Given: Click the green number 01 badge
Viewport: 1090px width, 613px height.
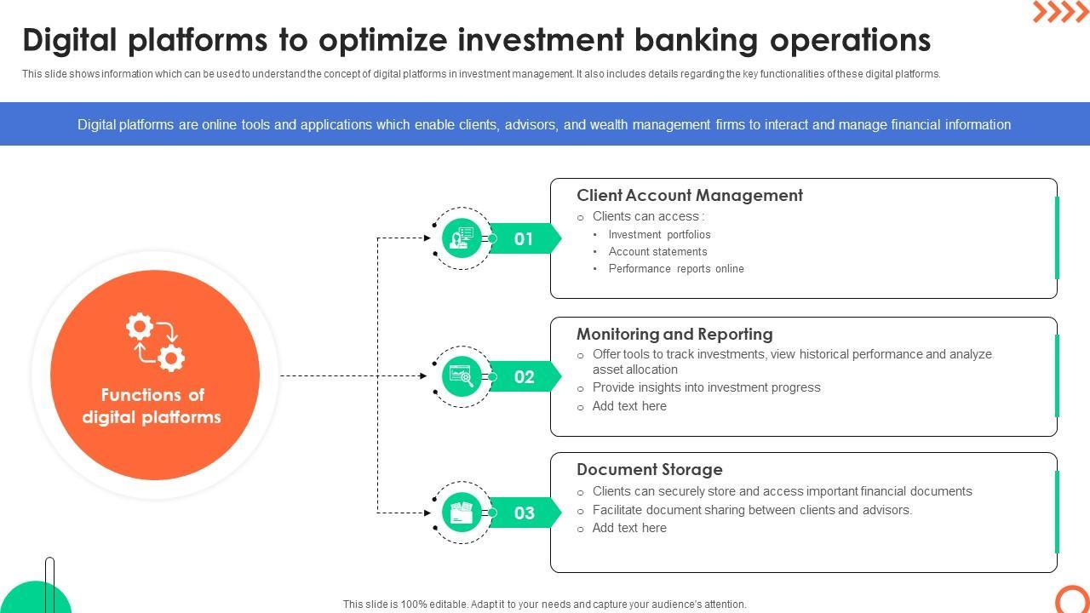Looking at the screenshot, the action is pos(524,238).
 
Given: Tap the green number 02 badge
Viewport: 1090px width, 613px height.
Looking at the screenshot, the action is pos(524,376).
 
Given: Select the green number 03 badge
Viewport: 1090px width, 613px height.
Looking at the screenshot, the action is pos(524,513).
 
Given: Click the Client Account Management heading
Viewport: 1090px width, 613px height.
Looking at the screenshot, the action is pos(690,195).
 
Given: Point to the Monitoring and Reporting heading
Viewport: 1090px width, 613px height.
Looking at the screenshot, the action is pos(674,335).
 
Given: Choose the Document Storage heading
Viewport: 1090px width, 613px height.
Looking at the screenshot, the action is pos(650,469).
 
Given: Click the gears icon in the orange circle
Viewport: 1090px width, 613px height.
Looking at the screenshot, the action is pos(155,342).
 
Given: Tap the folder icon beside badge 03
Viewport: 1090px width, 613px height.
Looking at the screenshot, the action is pos(462,513).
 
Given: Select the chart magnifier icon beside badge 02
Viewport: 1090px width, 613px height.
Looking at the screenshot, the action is pos(462,376).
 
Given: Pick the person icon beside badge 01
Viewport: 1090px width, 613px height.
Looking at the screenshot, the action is pos(462,238).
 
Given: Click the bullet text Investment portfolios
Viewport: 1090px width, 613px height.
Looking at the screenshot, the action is pos(659,234).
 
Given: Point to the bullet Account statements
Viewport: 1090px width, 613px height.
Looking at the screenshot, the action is pos(658,251).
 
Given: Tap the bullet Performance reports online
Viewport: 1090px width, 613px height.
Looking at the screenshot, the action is pos(676,268).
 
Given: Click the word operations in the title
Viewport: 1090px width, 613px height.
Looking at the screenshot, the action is pos(850,40).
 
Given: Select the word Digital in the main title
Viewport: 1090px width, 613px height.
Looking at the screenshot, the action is pos(70,40).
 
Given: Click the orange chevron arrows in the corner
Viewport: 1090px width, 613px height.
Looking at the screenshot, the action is pos(1060,12).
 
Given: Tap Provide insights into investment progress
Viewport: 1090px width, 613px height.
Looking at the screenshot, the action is pos(706,387).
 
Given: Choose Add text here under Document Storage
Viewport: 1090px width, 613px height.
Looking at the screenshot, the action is pos(629,528).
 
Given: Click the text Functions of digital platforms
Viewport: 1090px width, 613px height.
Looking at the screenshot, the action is pos(152,406).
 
